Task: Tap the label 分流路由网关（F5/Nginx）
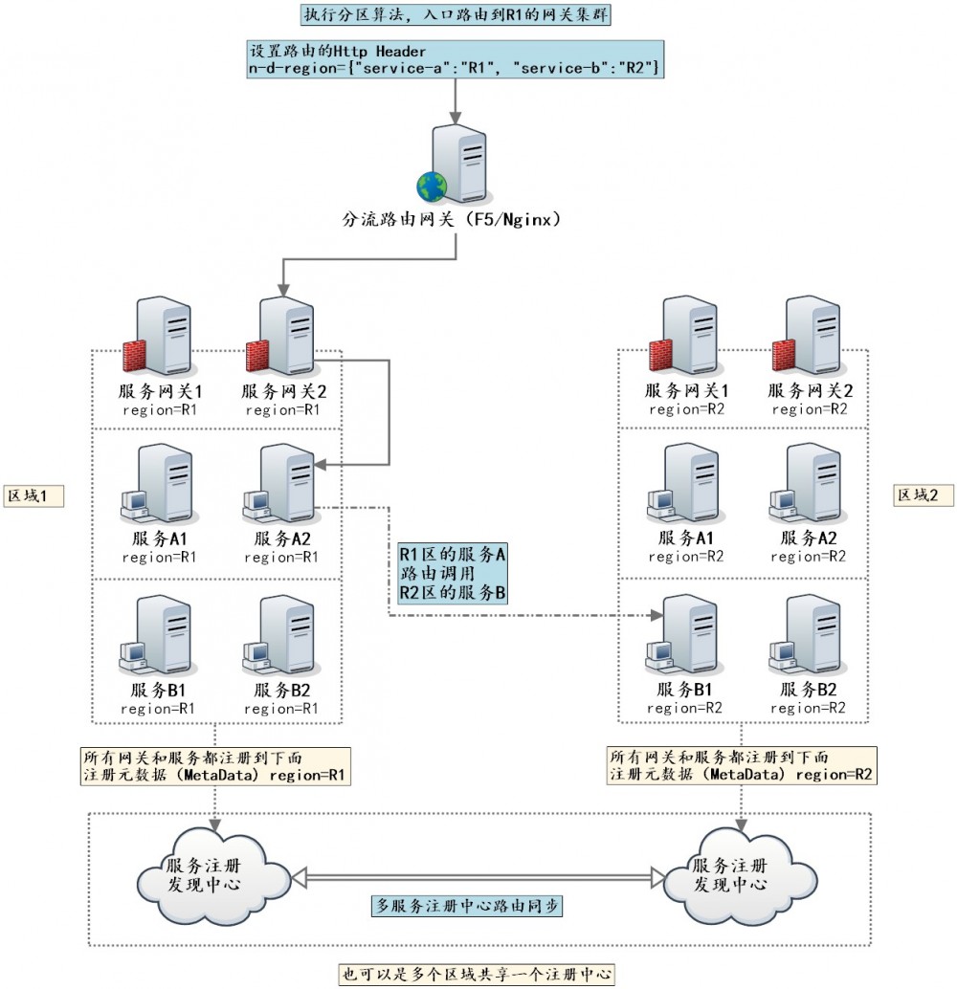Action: [451, 219]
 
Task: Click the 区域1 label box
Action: [33, 495]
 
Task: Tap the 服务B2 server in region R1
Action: [283, 635]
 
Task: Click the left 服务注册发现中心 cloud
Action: [212, 873]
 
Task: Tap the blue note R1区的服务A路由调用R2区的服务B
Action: [453, 573]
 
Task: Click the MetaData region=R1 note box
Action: [215, 765]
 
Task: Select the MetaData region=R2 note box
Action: [743, 765]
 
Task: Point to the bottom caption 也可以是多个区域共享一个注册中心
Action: [476, 975]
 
